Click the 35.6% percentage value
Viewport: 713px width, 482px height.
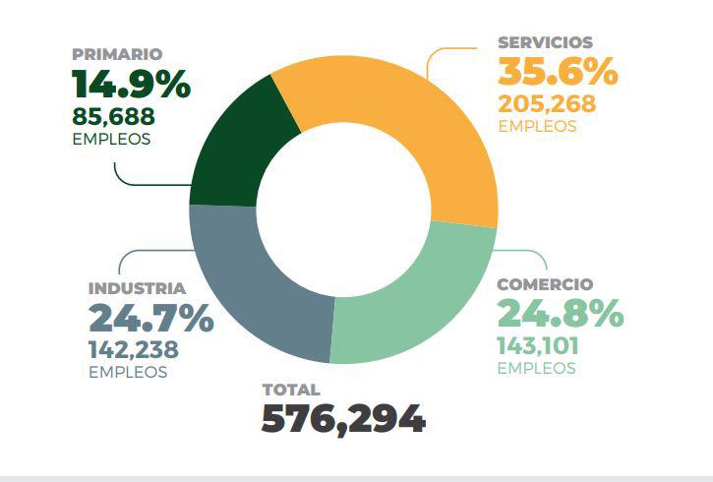click(x=557, y=73)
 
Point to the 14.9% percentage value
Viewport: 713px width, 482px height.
click(x=130, y=85)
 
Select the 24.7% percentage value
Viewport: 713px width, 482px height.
click(x=150, y=319)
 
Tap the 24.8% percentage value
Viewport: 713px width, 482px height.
click(x=560, y=314)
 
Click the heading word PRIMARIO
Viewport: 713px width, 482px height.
click(x=116, y=54)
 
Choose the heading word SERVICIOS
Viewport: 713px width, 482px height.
click(x=545, y=42)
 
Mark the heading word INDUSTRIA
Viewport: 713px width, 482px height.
click(x=137, y=288)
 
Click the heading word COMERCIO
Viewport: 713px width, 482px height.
click(x=545, y=284)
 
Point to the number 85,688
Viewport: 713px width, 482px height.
click(x=113, y=116)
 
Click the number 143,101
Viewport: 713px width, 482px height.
click(x=538, y=345)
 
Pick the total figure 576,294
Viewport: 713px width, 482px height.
click(x=343, y=419)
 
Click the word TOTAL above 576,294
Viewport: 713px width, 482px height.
click(x=291, y=390)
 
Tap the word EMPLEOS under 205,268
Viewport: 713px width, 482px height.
click(x=537, y=127)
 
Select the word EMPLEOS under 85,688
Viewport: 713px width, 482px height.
click(x=111, y=139)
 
